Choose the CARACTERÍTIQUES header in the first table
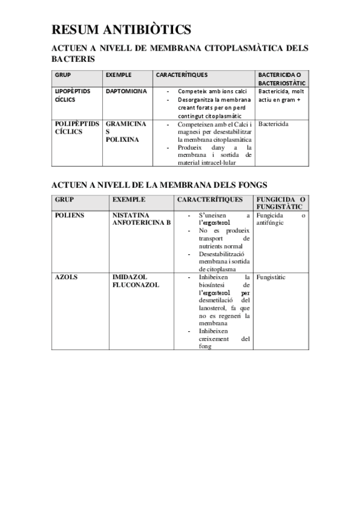point(182,75)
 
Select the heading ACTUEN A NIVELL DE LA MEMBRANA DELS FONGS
point(159,185)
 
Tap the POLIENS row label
point(69,215)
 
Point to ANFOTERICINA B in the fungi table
point(141,223)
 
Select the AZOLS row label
point(67,277)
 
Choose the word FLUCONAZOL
point(136,285)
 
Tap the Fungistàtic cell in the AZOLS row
point(270,277)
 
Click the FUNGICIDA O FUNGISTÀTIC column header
point(281,203)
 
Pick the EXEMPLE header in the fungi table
point(129,199)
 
